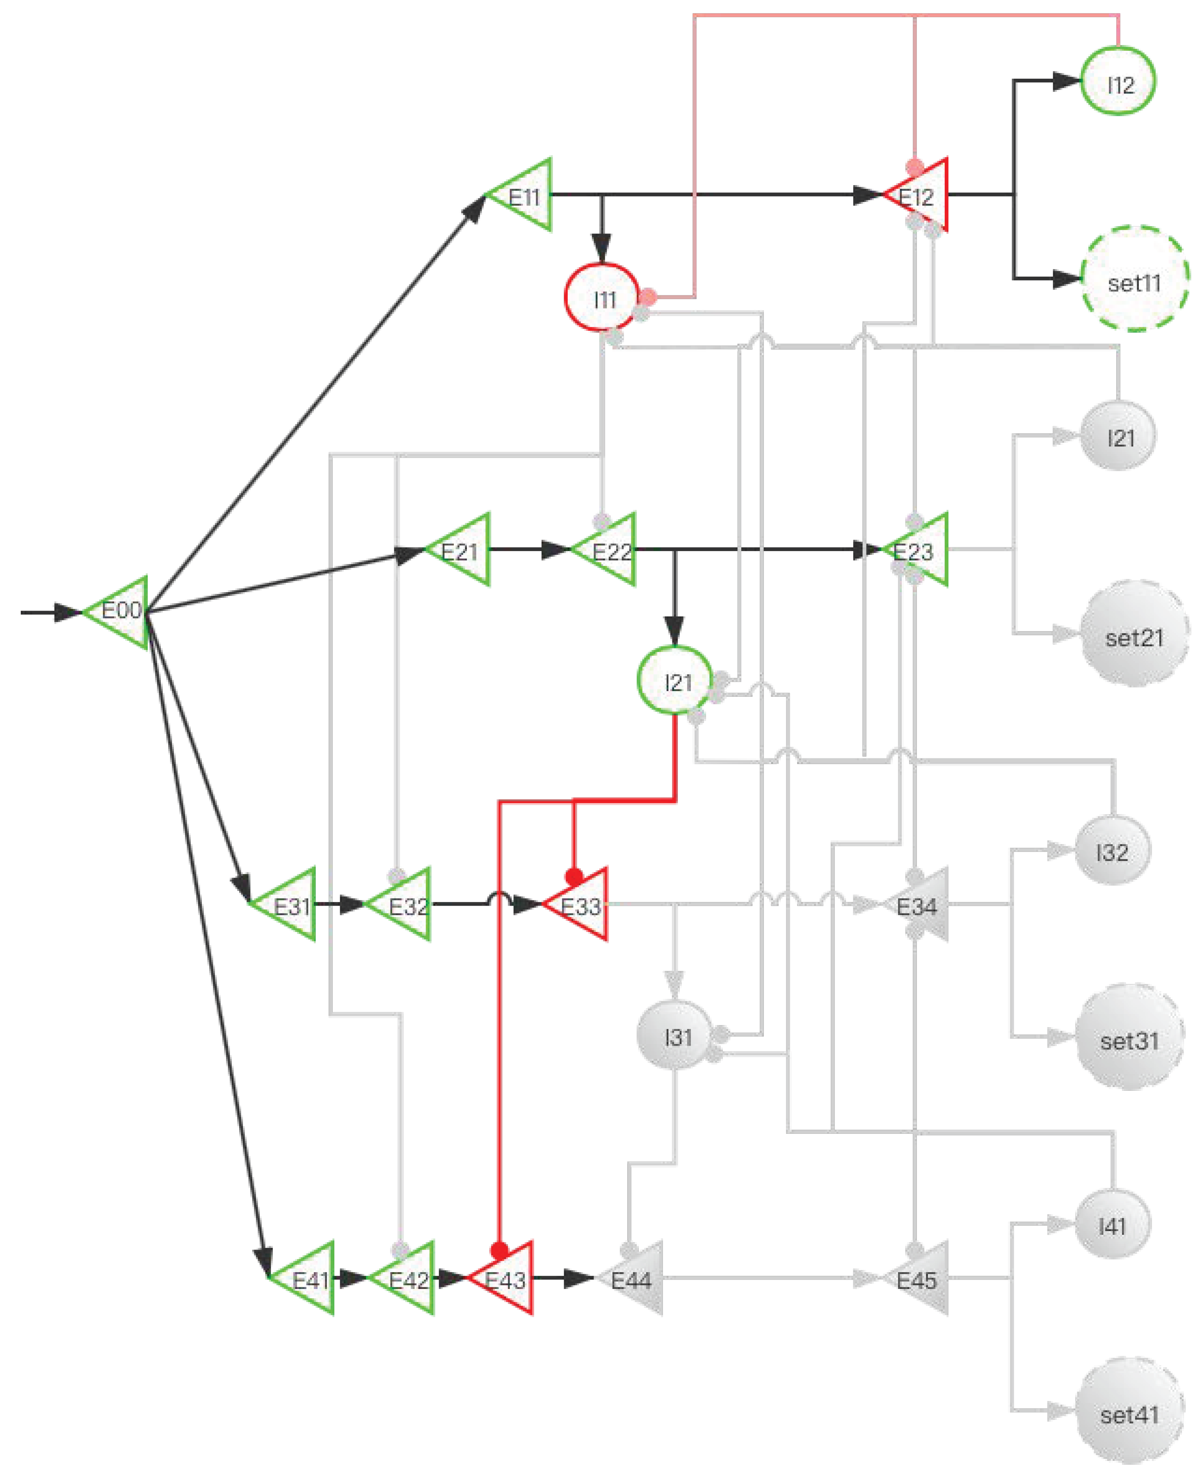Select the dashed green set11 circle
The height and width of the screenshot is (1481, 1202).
point(1134,279)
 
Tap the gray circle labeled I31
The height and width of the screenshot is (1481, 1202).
point(673,1036)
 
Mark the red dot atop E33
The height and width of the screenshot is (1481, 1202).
point(574,877)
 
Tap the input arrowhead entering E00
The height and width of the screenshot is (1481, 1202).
point(68,612)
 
